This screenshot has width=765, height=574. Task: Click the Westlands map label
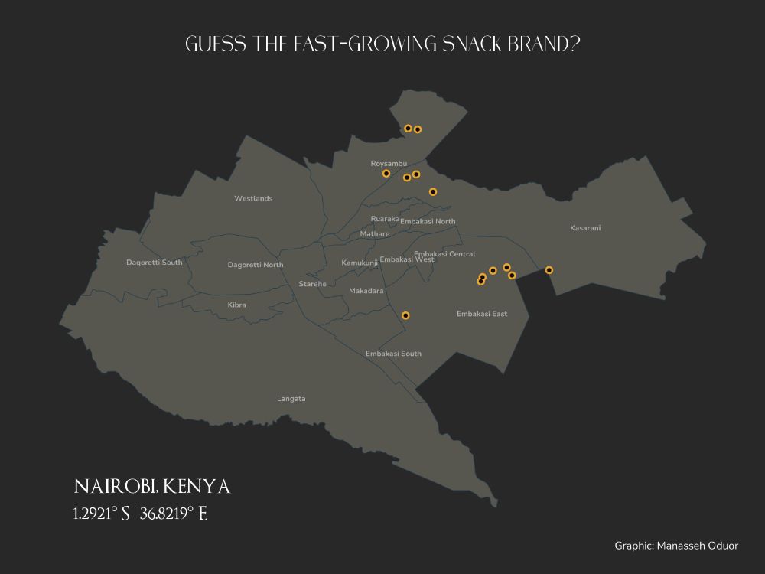(253, 198)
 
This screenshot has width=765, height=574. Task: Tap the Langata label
(291, 399)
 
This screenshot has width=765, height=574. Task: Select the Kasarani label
(585, 228)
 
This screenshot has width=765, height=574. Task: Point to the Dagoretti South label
(155, 263)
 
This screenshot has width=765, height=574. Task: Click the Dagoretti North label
(256, 265)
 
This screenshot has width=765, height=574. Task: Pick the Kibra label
(237, 305)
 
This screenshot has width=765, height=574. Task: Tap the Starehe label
(312, 284)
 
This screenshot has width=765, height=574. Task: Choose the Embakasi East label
(482, 314)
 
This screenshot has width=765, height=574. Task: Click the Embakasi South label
(393, 354)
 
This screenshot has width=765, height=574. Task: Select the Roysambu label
(389, 164)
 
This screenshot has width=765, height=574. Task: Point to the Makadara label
(366, 291)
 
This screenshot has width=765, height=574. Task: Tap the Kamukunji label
(360, 263)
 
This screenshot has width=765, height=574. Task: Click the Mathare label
(374, 234)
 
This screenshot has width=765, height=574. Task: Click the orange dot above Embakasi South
(405, 315)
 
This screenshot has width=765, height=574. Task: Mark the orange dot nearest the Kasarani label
(549, 269)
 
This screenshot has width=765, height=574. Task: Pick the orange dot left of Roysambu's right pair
(386, 174)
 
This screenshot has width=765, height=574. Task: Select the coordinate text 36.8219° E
(174, 514)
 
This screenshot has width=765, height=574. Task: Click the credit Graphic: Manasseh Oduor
(676, 546)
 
